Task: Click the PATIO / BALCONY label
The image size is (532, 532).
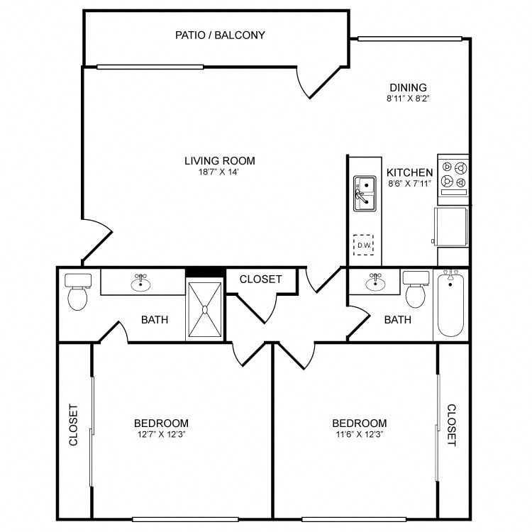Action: [220, 35]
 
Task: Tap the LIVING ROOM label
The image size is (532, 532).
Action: [219, 160]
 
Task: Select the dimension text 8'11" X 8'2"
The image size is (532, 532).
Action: [408, 99]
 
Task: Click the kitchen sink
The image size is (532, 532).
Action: [365, 194]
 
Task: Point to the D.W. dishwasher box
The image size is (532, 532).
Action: [363, 245]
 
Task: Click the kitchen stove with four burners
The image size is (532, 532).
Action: [453, 179]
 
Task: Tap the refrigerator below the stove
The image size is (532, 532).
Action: [450, 227]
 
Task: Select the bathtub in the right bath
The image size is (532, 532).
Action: [450, 305]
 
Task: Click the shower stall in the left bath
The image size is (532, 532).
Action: [204, 309]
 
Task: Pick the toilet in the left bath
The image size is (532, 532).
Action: [78, 292]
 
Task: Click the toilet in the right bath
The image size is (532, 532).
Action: [416, 289]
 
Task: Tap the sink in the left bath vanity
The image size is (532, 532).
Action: [140, 283]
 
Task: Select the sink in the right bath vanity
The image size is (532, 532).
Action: [375, 282]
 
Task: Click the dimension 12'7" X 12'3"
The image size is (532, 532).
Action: [161, 434]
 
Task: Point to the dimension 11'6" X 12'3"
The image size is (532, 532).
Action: [360, 434]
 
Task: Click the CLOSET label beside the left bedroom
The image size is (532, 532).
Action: [73, 424]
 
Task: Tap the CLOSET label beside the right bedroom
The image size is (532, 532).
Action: [451, 425]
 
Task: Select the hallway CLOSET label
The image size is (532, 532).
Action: [260, 279]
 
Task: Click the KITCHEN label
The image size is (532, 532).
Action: [409, 172]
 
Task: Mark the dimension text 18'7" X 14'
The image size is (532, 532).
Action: [219, 172]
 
